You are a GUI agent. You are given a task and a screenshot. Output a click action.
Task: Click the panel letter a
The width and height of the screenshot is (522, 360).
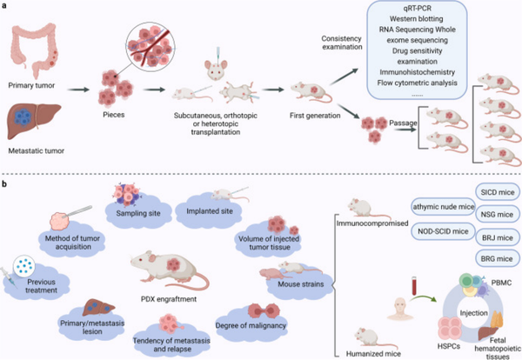click(x=6, y=5)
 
